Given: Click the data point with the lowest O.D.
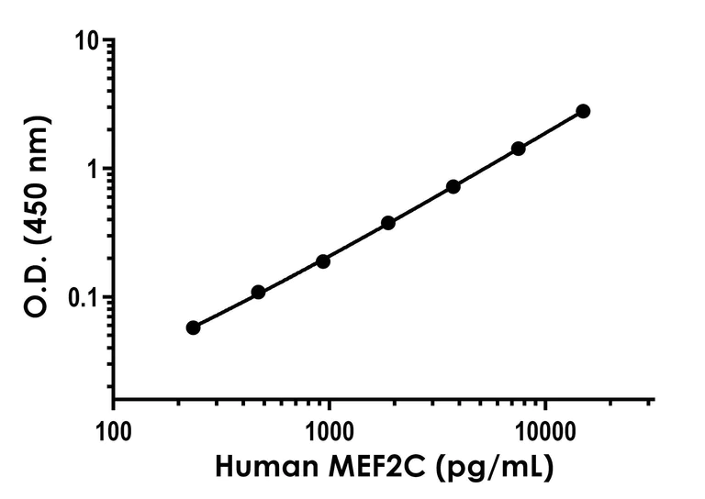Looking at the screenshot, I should tap(193, 327).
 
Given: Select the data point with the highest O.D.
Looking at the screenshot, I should tap(583, 111).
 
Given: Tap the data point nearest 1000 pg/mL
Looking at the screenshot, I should tap(323, 261).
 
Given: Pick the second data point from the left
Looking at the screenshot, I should tap(258, 292).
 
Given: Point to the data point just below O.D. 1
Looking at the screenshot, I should tap(453, 186).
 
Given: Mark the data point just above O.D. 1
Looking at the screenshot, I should tap(519, 149).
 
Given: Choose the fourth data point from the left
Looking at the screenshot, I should tap(388, 223).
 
